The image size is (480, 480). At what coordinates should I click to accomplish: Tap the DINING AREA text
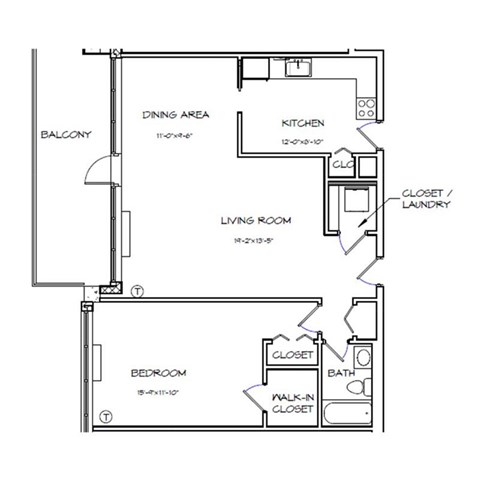[x=175, y=114]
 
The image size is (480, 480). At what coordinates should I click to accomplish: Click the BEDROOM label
[x=158, y=373]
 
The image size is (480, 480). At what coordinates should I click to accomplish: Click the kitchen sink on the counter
[x=298, y=68]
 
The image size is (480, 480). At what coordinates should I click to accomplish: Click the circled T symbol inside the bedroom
[x=105, y=415]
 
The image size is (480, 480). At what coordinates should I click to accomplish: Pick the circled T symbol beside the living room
[x=137, y=290]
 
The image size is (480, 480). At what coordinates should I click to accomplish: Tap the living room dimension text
[x=255, y=241]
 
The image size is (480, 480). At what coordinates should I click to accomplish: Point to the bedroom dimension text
[x=158, y=392]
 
